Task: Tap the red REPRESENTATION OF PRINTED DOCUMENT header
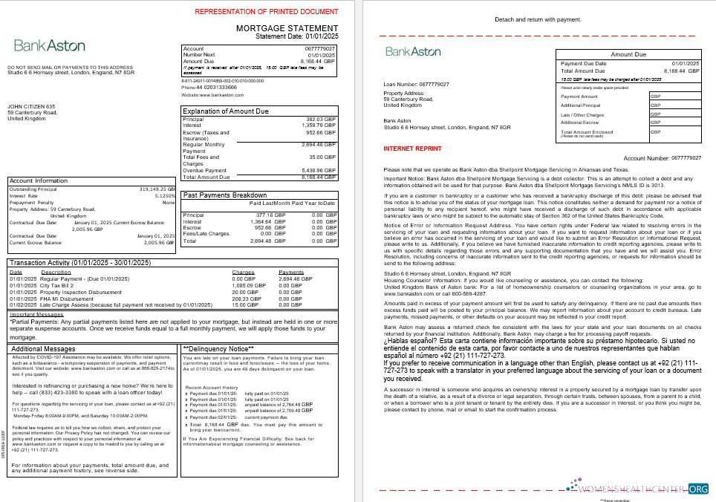coord(265,12)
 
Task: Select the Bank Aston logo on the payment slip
coord(413,51)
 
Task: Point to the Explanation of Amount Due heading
coord(226,111)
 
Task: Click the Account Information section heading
coord(39,180)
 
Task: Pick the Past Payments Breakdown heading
coord(224,195)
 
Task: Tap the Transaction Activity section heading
coord(79,263)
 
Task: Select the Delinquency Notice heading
coord(218,348)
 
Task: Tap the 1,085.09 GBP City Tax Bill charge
coord(249,285)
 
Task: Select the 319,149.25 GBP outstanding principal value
coord(157,189)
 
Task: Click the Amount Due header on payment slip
coord(628,54)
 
